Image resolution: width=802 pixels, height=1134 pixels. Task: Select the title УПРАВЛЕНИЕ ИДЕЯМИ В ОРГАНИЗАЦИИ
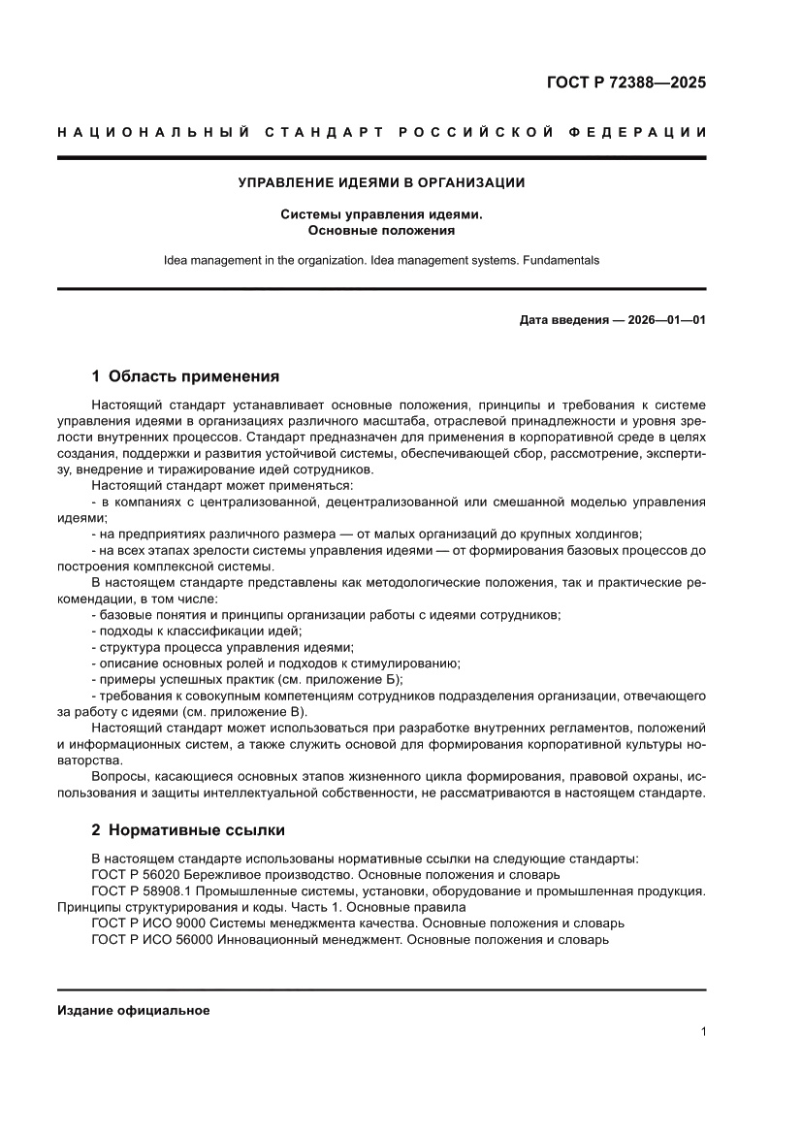click(x=381, y=181)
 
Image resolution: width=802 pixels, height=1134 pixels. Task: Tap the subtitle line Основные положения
click(x=381, y=231)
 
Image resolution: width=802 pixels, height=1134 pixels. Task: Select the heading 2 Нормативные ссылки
click(x=188, y=830)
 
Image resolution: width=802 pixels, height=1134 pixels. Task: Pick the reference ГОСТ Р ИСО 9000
click(x=148, y=923)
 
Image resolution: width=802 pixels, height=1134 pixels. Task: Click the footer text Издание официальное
click(x=134, y=1010)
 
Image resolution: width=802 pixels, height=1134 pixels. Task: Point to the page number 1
click(x=702, y=1032)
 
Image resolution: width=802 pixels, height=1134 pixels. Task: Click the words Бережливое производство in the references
click(x=256, y=874)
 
